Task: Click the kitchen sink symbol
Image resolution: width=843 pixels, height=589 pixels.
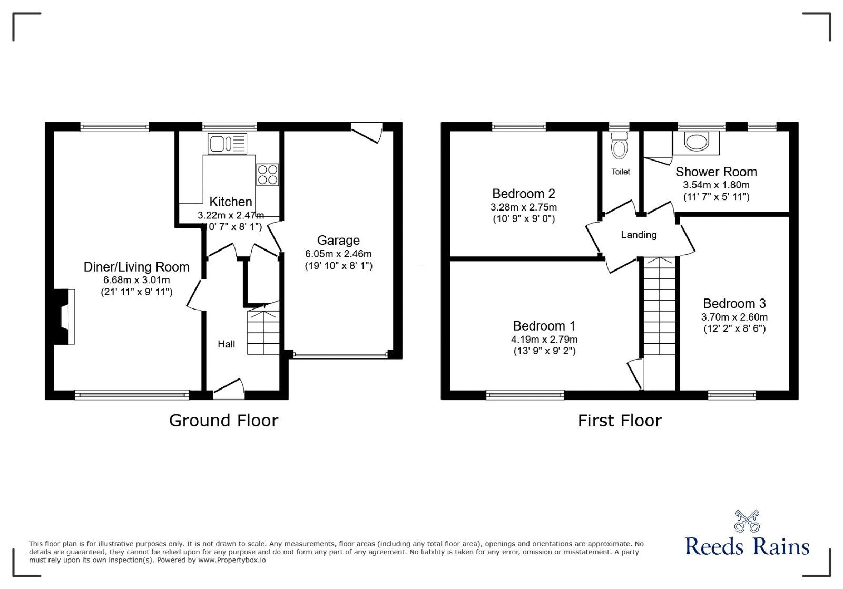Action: point(227,144)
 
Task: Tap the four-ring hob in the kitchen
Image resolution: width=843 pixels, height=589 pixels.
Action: point(267,175)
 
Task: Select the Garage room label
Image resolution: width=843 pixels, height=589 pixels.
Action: point(338,241)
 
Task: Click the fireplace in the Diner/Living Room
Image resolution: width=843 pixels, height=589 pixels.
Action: point(63,317)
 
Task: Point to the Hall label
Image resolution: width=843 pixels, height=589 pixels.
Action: point(227,344)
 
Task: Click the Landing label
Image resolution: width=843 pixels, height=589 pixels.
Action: point(639,235)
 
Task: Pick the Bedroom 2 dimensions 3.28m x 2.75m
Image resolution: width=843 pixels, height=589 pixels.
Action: point(524,207)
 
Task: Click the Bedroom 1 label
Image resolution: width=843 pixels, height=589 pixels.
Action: point(544,326)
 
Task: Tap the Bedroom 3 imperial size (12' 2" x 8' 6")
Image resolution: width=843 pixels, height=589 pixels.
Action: point(734,329)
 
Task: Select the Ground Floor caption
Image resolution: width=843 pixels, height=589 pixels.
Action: point(223,421)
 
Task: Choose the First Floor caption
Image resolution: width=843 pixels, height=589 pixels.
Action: point(620,421)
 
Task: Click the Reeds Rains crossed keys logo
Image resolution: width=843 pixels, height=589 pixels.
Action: point(747,521)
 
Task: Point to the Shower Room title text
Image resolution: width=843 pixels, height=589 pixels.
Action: point(716,172)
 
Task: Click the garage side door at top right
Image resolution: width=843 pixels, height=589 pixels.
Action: point(368,132)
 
